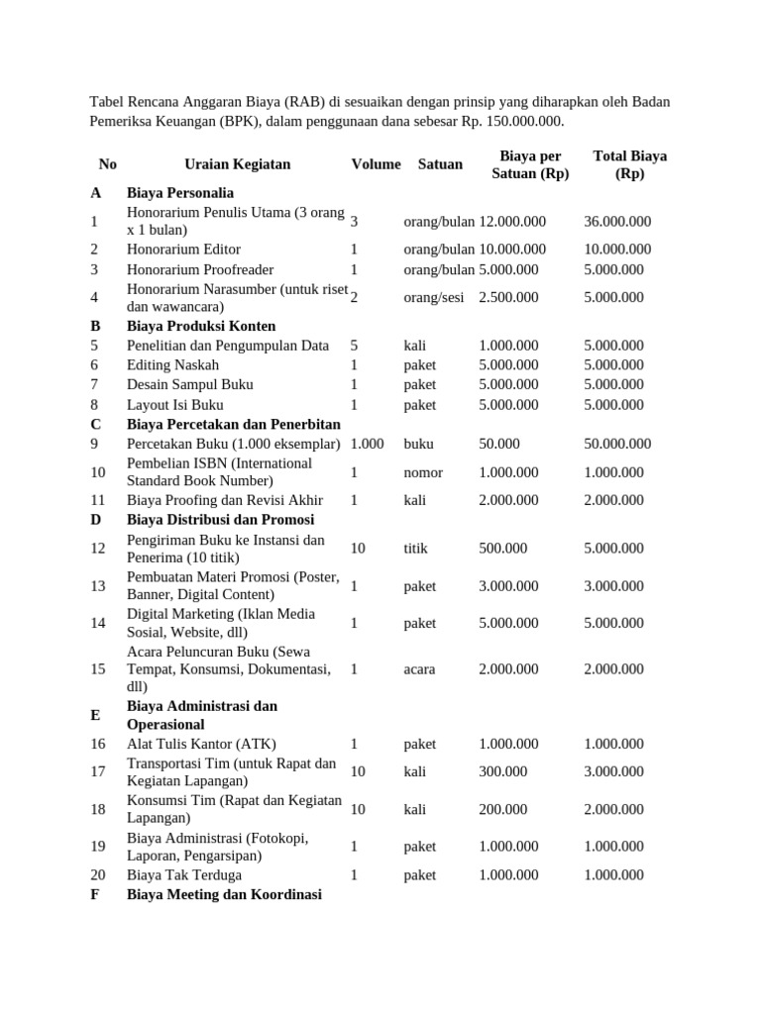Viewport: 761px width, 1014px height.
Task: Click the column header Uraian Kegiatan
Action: (238, 164)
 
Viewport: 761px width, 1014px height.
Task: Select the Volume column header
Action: (376, 164)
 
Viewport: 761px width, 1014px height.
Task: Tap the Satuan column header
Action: (440, 164)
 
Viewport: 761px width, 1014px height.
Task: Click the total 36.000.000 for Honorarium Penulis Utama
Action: (617, 222)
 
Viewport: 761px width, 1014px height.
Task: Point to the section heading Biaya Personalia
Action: (180, 193)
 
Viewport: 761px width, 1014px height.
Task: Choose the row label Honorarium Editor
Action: (183, 250)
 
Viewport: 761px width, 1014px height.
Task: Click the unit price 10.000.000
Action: (512, 250)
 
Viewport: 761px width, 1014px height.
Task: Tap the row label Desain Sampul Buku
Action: (189, 384)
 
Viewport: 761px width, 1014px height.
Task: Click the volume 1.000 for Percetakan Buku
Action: (367, 444)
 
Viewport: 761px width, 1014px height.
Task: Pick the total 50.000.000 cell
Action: (617, 444)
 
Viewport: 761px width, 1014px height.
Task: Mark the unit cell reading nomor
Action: (423, 472)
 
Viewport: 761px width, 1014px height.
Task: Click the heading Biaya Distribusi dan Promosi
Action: (220, 520)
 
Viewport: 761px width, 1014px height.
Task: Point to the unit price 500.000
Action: (503, 548)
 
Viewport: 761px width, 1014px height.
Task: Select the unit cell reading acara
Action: (419, 668)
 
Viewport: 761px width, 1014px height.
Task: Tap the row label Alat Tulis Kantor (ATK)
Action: (201, 744)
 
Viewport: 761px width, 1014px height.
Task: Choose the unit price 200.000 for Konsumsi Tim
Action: (503, 809)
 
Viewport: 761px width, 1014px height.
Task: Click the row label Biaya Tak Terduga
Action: (183, 875)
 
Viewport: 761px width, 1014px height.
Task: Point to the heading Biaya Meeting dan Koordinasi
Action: (224, 894)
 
